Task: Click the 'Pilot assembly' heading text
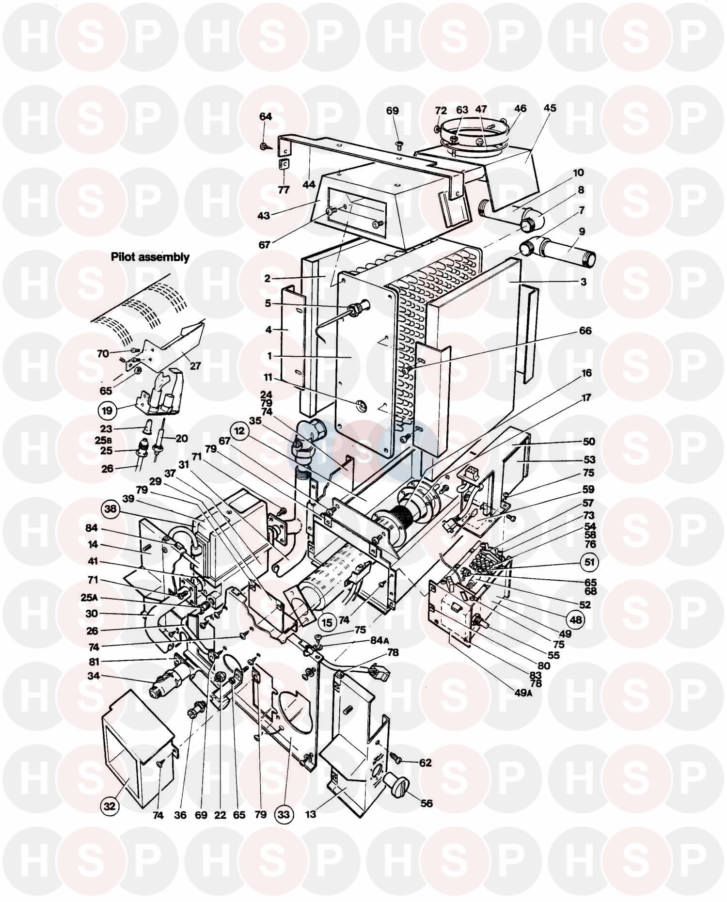click(x=150, y=257)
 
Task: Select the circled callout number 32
click(x=110, y=806)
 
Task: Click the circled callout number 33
click(x=283, y=814)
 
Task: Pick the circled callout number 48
click(x=574, y=619)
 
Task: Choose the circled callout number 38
click(x=111, y=509)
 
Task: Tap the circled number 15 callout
click(x=327, y=622)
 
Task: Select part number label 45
click(x=550, y=108)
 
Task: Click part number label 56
click(x=426, y=803)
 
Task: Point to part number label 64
click(x=266, y=117)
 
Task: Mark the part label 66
click(x=585, y=331)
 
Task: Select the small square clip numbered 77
click(x=284, y=165)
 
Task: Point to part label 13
click(x=310, y=814)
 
